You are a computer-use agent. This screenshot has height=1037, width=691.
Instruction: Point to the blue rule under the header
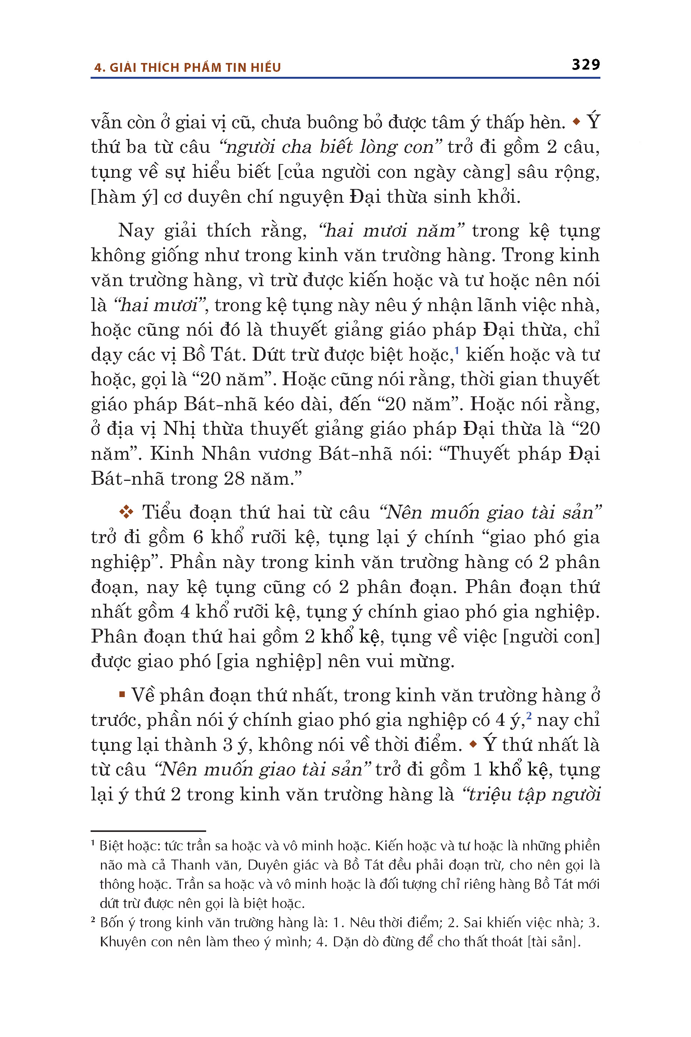pos(345,78)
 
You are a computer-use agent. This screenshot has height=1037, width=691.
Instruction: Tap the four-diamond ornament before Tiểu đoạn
pos(126,512)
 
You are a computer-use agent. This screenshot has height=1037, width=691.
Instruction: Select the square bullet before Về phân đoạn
pos(122,695)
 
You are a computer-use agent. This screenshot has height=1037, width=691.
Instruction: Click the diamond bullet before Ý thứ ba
pos(576,122)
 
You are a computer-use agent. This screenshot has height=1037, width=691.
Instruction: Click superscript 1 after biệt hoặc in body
pos(457,351)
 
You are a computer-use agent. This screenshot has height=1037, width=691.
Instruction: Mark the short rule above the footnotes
pos(148,831)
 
